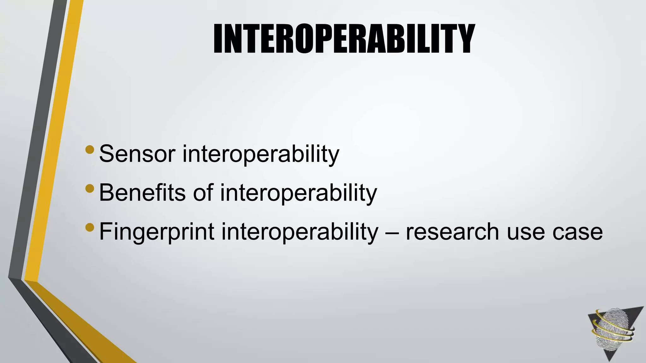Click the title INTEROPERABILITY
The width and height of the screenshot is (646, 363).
(x=344, y=38)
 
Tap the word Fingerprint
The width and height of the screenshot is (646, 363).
(x=157, y=232)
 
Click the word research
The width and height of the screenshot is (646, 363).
(x=452, y=232)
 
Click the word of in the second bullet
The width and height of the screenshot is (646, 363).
(x=203, y=193)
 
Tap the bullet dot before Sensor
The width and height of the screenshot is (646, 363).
(x=90, y=149)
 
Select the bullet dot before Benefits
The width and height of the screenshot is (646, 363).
(x=90, y=188)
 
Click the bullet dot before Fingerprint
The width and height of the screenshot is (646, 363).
(x=90, y=227)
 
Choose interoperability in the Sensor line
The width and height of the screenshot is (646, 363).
(x=261, y=154)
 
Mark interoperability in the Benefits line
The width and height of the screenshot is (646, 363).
(x=298, y=193)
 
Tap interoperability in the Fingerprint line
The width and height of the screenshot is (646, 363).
(x=300, y=232)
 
